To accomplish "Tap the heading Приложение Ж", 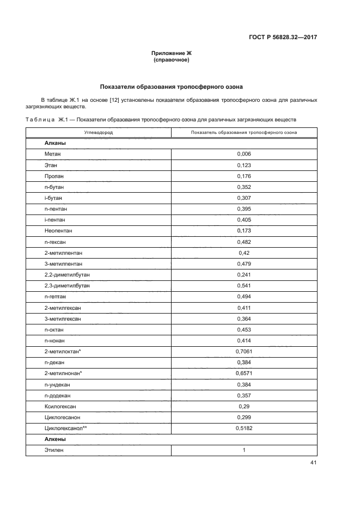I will (x=172, y=53).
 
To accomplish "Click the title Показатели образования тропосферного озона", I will (x=172, y=87).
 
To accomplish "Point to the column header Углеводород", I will (x=99, y=132).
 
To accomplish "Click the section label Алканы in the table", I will (x=56, y=143).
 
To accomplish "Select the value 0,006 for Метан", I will (x=244, y=154).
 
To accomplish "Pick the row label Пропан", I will (x=54, y=175).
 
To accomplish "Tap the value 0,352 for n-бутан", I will (x=244, y=186).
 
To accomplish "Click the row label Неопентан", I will (x=58, y=231).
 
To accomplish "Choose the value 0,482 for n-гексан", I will (x=244, y=242).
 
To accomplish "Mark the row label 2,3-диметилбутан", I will (x=67, y=285).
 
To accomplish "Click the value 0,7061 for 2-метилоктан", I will (x=244, y=352).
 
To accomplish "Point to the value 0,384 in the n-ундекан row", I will (x=244, y=384).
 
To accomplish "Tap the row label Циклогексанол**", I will (x=65, y=428).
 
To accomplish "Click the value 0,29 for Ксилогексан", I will (x=244, y=407).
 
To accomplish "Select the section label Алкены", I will (x=56, y=439).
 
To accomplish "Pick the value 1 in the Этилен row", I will (x=244, y=450).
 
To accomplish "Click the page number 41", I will (x=313, y=463).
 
